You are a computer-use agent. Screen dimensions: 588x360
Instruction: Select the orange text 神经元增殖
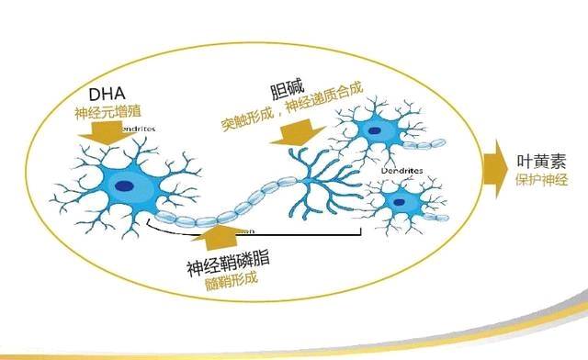tap(107, 116)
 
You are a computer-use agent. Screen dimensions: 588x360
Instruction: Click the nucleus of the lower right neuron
tap(399, 199)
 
